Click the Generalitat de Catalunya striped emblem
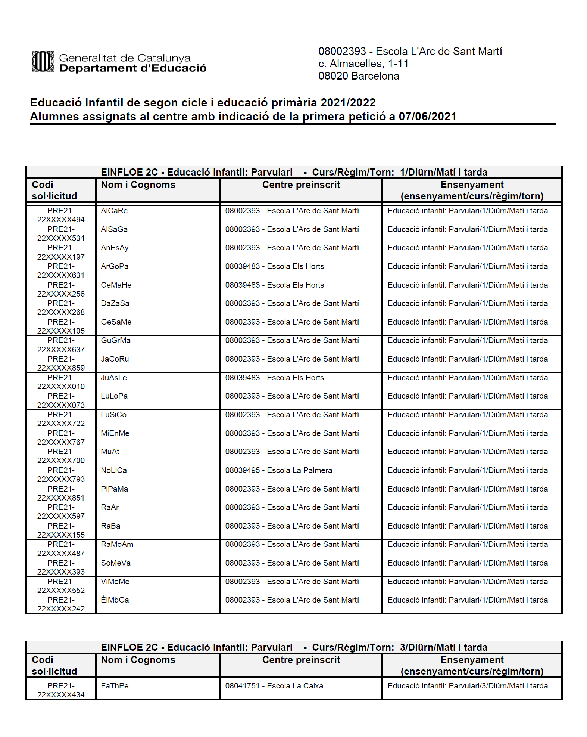[x=43, y=61]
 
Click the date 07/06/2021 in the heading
[x=427, y=117]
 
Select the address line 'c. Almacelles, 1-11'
[x=363, y=64]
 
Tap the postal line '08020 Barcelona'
[x=359, y=76]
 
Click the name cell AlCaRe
[x=114, y=211]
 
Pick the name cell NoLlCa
[x=114, y=471]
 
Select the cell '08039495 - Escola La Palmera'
[x=278, y=471]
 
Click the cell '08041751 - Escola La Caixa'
[x=274, y=686]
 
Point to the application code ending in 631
[x=61, y=271]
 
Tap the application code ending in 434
[x=61, y=690]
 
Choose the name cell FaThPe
[x=115, y=686]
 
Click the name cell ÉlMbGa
[x=115, y=600]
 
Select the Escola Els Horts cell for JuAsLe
[x=274, y=378]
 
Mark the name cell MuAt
[x=110, y=452]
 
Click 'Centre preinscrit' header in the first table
[x=301, y=185]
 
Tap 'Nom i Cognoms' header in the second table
[x=138, y=660]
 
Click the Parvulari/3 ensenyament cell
[x=468, y=686]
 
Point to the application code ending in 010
[x=61, y=382]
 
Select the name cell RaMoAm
[x=117, y=545]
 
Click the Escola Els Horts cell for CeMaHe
[x=274, y=285]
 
